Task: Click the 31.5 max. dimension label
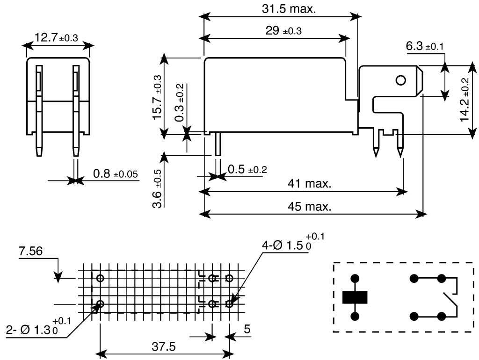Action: click(289, 9)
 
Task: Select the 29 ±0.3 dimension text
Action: click(283, 30)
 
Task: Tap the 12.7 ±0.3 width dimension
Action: click(56, 37)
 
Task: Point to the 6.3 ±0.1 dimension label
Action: click(425, 46)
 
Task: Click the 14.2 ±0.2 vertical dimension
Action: click(464, 100)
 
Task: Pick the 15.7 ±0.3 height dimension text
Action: click(157, 97)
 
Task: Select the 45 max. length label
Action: click(310, 207)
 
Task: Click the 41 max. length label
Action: click(310, 184)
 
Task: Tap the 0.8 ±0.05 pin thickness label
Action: click(116, 174)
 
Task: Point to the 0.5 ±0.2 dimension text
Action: click(247, 169)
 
